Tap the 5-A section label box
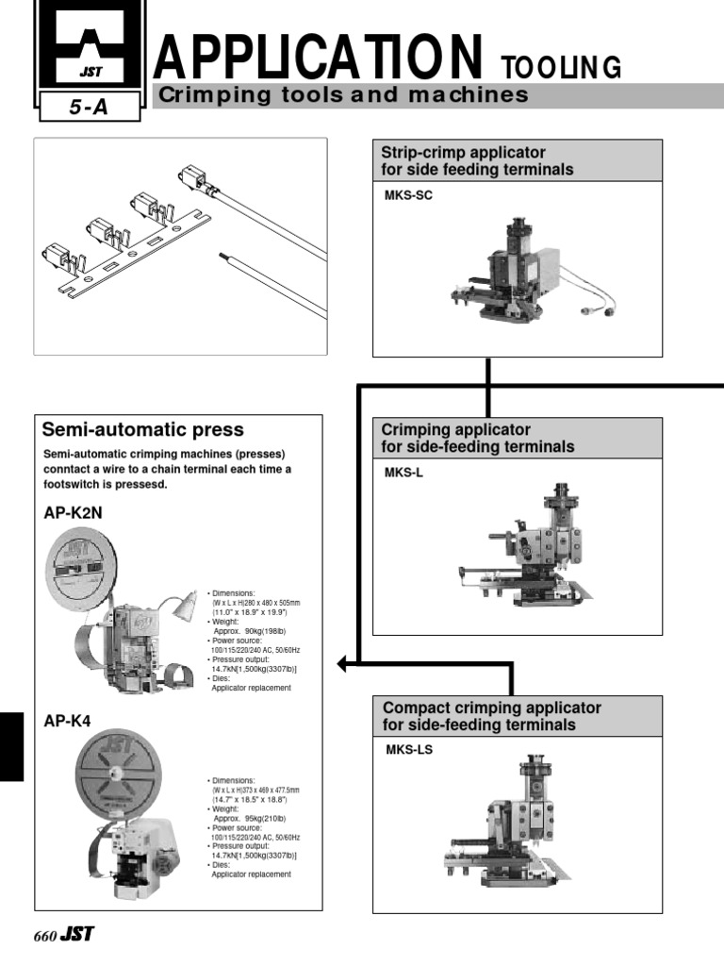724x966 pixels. (89, 108)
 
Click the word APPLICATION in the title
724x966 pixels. (319, 57)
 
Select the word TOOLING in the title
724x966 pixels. (561, 67)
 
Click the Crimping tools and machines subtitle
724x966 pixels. (341, 95)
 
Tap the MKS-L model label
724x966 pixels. (397, 474)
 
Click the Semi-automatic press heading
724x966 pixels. (143, 430)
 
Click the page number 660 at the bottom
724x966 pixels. (44, 937)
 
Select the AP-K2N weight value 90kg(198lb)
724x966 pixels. (254, 630)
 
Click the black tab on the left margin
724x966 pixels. (11, 746)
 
